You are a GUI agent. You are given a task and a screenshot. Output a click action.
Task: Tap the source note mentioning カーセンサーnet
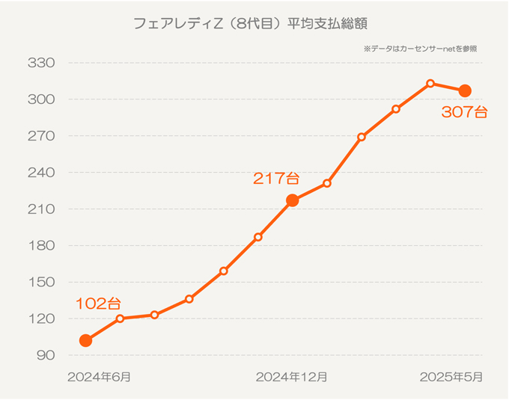coord(420,49)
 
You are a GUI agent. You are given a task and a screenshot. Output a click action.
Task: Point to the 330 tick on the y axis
coord(41,63)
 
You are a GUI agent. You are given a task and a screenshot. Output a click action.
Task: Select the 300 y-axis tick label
coord(41,99)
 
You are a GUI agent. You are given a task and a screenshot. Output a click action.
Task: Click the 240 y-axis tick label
coord(41,173)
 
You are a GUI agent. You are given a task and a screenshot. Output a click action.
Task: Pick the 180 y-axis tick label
coord(41,246)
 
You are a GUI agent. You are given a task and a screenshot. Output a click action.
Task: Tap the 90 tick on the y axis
coord(45,355)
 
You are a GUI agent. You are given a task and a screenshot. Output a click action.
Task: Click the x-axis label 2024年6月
coord(99,377)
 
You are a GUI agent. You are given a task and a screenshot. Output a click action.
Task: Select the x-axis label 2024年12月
coord(291,377)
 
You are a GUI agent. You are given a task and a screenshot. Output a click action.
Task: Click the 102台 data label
coord(97,304)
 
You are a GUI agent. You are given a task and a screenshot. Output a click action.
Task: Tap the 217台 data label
coord(276,179)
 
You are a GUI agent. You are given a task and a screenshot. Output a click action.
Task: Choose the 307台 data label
coord(464,113)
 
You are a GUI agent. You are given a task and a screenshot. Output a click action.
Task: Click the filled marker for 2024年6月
coord(85,341)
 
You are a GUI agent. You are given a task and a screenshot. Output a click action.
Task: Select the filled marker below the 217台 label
coord(293,200)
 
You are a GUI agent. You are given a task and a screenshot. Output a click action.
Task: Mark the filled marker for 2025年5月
coord(465,91)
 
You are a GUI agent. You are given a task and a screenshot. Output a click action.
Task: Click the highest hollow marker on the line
coord(430,84)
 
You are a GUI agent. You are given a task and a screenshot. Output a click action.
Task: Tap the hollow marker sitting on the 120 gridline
coord(120,319)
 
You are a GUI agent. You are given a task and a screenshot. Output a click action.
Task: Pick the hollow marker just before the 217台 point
coord(258,237)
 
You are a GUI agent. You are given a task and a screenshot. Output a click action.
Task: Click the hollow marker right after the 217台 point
coord(327,183)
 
